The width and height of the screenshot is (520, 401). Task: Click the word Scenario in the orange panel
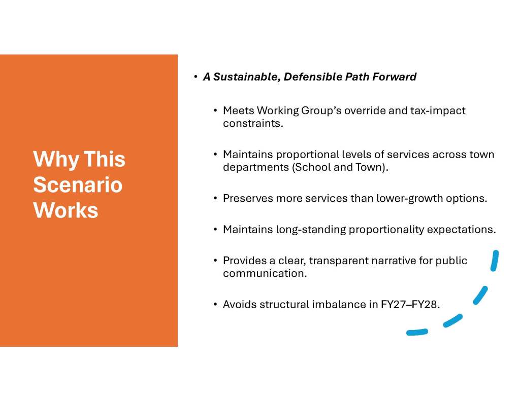pos(78,185)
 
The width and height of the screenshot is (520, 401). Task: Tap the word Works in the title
pos(66,210)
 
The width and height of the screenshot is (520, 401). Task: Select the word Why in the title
pos(56,160)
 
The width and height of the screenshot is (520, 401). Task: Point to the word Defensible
pos(313,77)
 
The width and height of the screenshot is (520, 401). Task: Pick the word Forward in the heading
pos(394,77)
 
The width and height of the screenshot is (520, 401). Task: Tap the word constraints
pos(253,124)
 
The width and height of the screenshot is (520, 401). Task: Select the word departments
pos(256,168)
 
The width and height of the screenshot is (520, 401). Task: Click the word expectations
pos(461,230)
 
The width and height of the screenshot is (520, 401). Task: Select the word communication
pos(265,274)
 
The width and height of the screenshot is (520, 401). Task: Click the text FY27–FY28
pos(410,304)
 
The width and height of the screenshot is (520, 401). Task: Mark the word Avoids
pos(240,304)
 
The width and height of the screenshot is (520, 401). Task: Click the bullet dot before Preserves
pos(215,199)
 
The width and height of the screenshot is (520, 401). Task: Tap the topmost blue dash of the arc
pos(495,261)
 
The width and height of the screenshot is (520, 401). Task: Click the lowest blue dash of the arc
pos(417,332)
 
